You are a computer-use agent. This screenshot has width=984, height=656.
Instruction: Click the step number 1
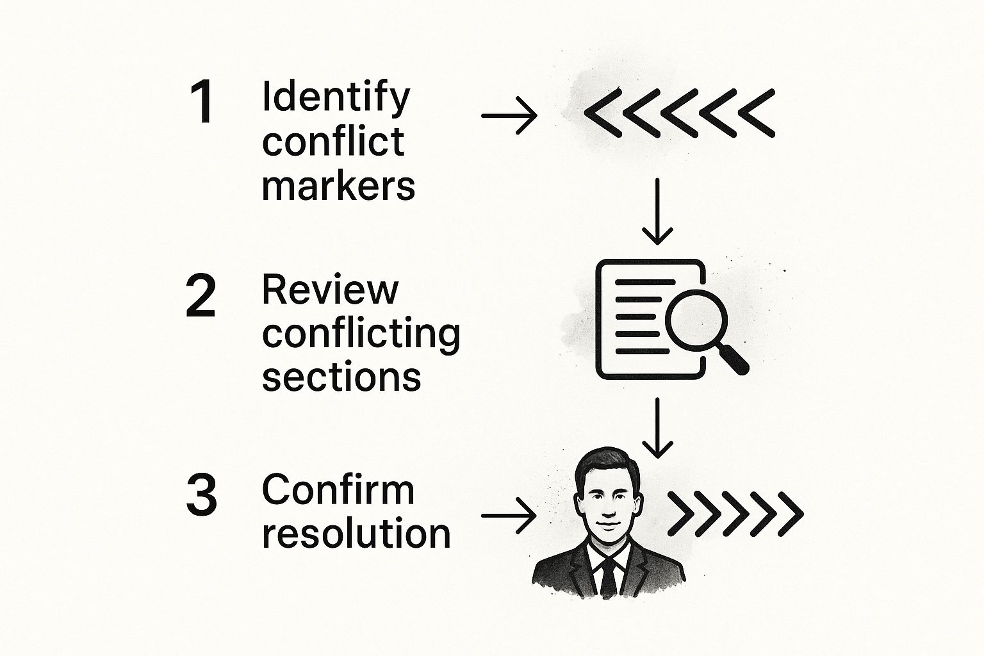click(202, 103)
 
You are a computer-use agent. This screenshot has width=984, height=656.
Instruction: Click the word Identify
click(336, 97)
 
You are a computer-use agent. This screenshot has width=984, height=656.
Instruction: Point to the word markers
click(338, 186)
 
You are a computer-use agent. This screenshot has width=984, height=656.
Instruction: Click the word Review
click(330, 290)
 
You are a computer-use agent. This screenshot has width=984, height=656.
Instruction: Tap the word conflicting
click(361, 334)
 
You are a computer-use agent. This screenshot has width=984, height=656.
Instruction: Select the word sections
click(341, 377)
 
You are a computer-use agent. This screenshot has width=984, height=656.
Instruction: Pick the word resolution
click(356, 533)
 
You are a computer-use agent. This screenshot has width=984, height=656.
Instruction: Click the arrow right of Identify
click(509, 116)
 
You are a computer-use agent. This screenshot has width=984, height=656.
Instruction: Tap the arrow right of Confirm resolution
click(509, 515)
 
